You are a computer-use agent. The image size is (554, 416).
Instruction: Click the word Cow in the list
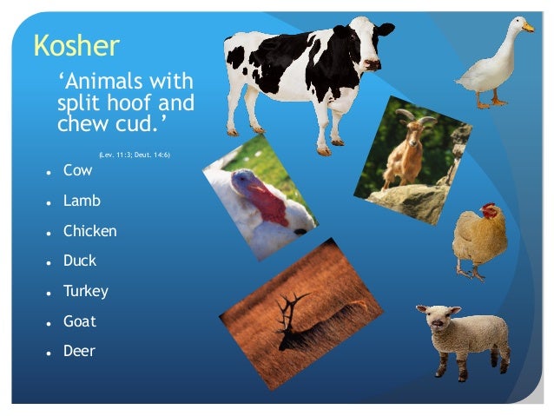pos(77,171)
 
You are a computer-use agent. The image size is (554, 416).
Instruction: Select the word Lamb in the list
pos(82,201)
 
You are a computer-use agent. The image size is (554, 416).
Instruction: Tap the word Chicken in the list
pos(89,231)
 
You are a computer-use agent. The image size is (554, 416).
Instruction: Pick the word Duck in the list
pos(80,261)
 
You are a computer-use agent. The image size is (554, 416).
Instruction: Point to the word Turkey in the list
pos(85,291)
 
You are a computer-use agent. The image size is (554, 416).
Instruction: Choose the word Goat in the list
pos(80,321)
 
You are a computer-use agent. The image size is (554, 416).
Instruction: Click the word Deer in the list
pos(79,351)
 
